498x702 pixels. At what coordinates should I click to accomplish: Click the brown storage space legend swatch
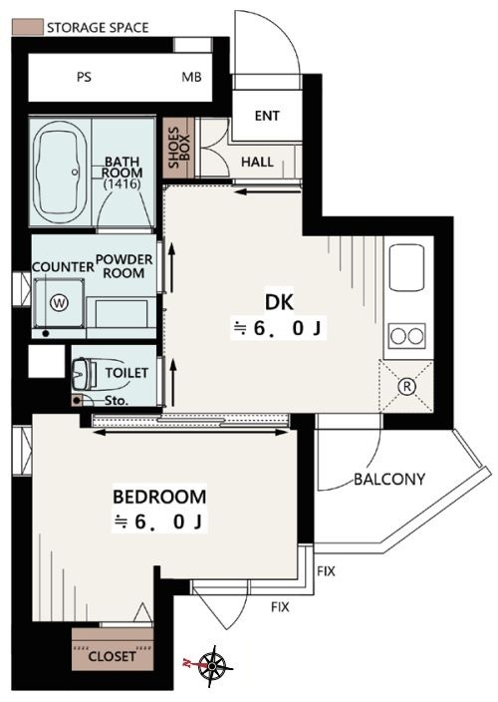coord(27,27)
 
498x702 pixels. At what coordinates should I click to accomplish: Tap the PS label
coord(84,77)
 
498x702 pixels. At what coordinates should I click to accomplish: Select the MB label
coord(191,77)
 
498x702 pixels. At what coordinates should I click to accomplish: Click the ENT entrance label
coord(267,116)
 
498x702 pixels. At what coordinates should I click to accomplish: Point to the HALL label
coord(257,162)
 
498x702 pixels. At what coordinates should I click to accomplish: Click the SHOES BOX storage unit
coord(179,148)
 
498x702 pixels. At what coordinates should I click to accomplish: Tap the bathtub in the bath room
coord(60,173)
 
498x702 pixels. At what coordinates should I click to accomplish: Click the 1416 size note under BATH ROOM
coord(123,183)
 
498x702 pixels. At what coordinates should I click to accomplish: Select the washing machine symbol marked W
coord(59,303)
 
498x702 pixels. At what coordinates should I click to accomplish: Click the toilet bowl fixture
coord(84,374)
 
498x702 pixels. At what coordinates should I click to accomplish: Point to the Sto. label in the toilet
coord(117,401)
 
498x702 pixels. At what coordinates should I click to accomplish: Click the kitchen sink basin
coord(406,267)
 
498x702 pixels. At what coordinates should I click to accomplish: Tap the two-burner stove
coord(406,336)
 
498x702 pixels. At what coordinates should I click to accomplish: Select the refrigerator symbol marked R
coord(406,386)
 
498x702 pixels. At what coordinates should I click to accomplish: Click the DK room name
coord(280,303)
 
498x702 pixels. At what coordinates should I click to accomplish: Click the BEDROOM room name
coord(159,497)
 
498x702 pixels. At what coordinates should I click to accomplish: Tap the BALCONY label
coord(389,480)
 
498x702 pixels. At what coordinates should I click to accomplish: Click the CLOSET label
coord(113,657)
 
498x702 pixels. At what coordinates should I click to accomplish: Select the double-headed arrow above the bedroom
coord(190,433)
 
